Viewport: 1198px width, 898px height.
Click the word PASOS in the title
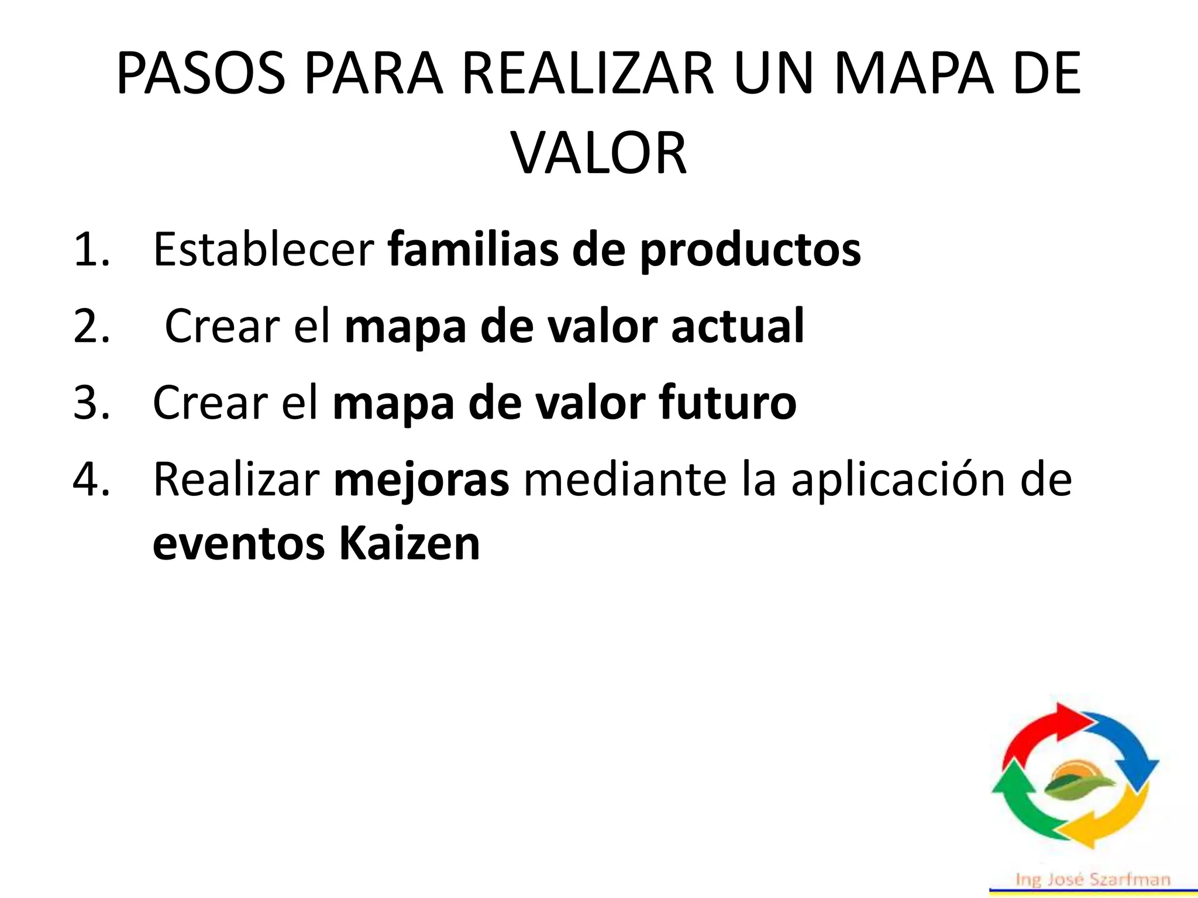click(201, 74)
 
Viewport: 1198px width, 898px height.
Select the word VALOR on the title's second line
click(599, 153)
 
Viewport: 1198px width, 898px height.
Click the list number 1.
click(91, 250)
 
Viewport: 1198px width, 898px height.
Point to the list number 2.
click(91, 327)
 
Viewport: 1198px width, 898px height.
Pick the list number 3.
click(91, 403)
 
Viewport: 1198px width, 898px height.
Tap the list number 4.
click(91, 480)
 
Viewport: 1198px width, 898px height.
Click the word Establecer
click(263, 250)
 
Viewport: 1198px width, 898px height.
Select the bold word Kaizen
click(409, 544)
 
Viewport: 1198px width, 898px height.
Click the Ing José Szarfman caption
click(1093, 880)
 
